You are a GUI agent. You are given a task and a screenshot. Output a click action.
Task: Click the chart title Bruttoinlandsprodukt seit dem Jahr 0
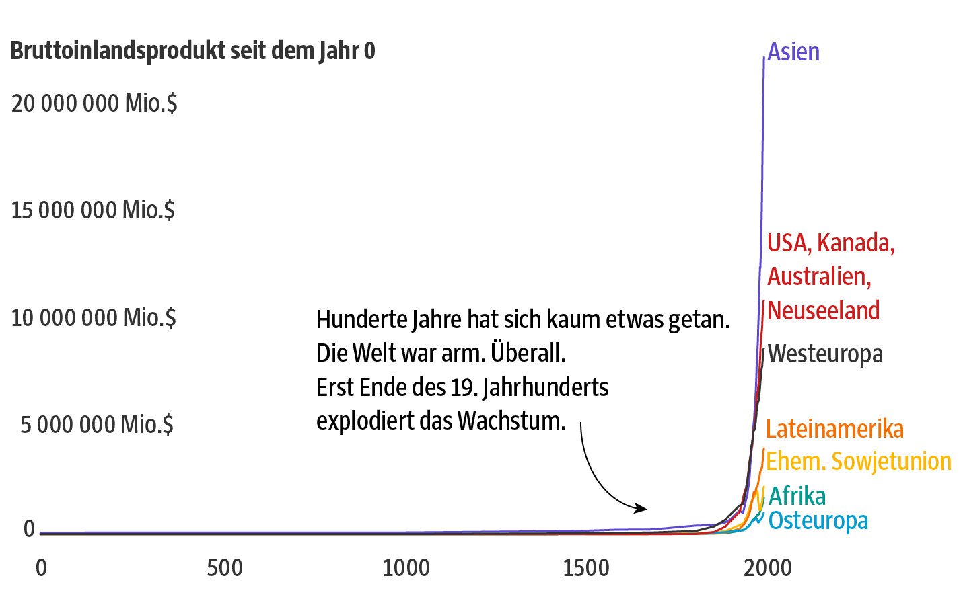192,51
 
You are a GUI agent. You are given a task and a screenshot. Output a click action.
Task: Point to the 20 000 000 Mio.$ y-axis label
94,104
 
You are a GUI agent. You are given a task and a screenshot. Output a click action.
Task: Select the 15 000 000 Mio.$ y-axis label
93,210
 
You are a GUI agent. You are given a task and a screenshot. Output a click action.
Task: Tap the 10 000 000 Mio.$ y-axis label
94,317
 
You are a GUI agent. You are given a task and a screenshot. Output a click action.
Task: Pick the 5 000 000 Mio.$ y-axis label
97,425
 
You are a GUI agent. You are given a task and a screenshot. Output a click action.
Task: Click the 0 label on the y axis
29,529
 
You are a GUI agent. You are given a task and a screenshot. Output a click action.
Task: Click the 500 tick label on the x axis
225,568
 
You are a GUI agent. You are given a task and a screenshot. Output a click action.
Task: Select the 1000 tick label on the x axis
406,568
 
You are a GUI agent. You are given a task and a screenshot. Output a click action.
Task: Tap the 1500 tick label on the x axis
586,568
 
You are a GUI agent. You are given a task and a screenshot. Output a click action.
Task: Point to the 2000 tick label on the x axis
767,568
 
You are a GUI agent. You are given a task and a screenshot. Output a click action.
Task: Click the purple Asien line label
793,52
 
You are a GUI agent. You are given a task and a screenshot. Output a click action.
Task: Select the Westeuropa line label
825,354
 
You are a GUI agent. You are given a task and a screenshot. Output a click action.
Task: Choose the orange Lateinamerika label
834,429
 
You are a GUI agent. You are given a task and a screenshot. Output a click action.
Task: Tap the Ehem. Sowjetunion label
859,461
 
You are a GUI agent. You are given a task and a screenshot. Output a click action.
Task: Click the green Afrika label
797,496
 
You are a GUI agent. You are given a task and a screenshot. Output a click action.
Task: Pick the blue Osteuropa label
818,520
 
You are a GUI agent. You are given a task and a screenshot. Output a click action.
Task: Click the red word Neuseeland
824,311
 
